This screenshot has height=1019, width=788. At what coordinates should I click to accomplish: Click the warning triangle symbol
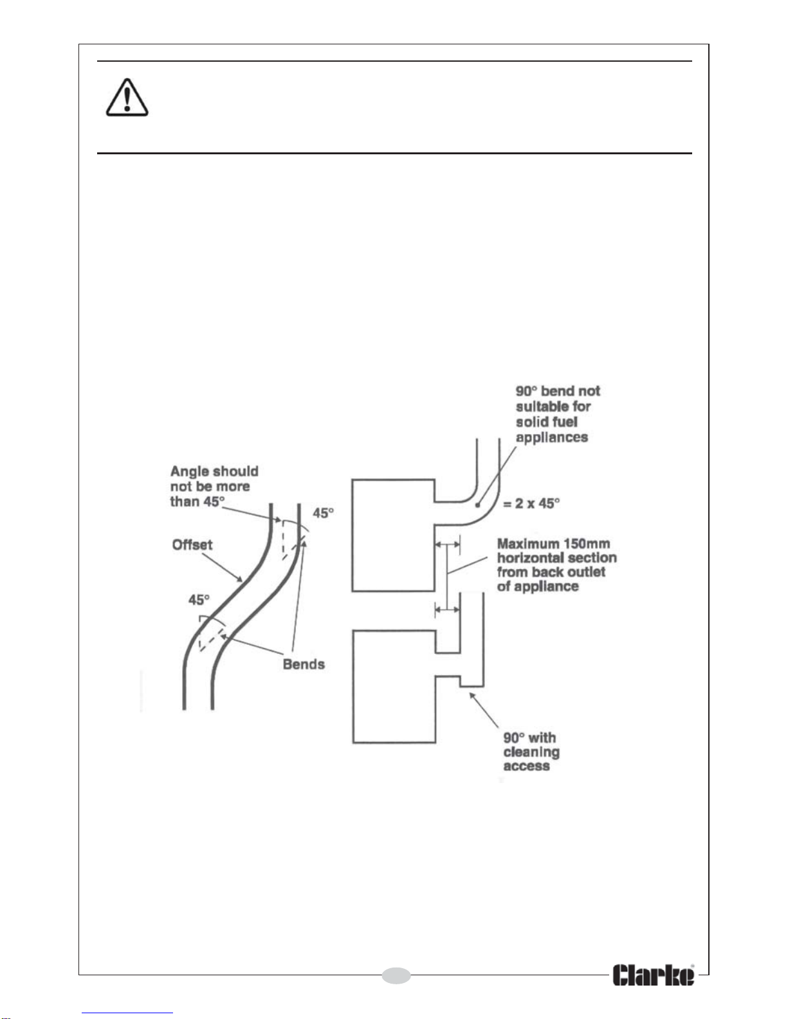tap(127, 98)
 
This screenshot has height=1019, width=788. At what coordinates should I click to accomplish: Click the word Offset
tap(192, 545)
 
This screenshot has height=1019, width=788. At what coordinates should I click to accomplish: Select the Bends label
tap(304, 664)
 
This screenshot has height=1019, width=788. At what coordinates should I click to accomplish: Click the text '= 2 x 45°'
tap(531, 503)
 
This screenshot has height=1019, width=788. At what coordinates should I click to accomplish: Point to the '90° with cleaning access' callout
tap(531, 752)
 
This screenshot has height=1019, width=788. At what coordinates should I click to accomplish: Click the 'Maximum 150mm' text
tap(554, 543)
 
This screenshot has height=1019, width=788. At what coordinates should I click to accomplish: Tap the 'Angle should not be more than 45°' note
tap(214, 486)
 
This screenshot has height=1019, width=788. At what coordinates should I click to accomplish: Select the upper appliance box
tap(394, 535)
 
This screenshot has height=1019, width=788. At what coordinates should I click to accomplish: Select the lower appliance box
tap(394, 687)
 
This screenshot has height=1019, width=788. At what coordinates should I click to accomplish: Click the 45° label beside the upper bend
tap(323, 513)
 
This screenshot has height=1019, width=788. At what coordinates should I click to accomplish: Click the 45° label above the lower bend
tap(199, 600)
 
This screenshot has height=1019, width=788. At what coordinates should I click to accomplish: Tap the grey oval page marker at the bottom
tap(396, 975)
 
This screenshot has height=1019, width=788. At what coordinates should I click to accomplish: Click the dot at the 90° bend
tap(477, 505)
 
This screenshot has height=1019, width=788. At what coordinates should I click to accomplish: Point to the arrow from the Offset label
tap(223, 568)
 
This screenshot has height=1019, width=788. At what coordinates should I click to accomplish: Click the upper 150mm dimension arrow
tap(448, 545)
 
